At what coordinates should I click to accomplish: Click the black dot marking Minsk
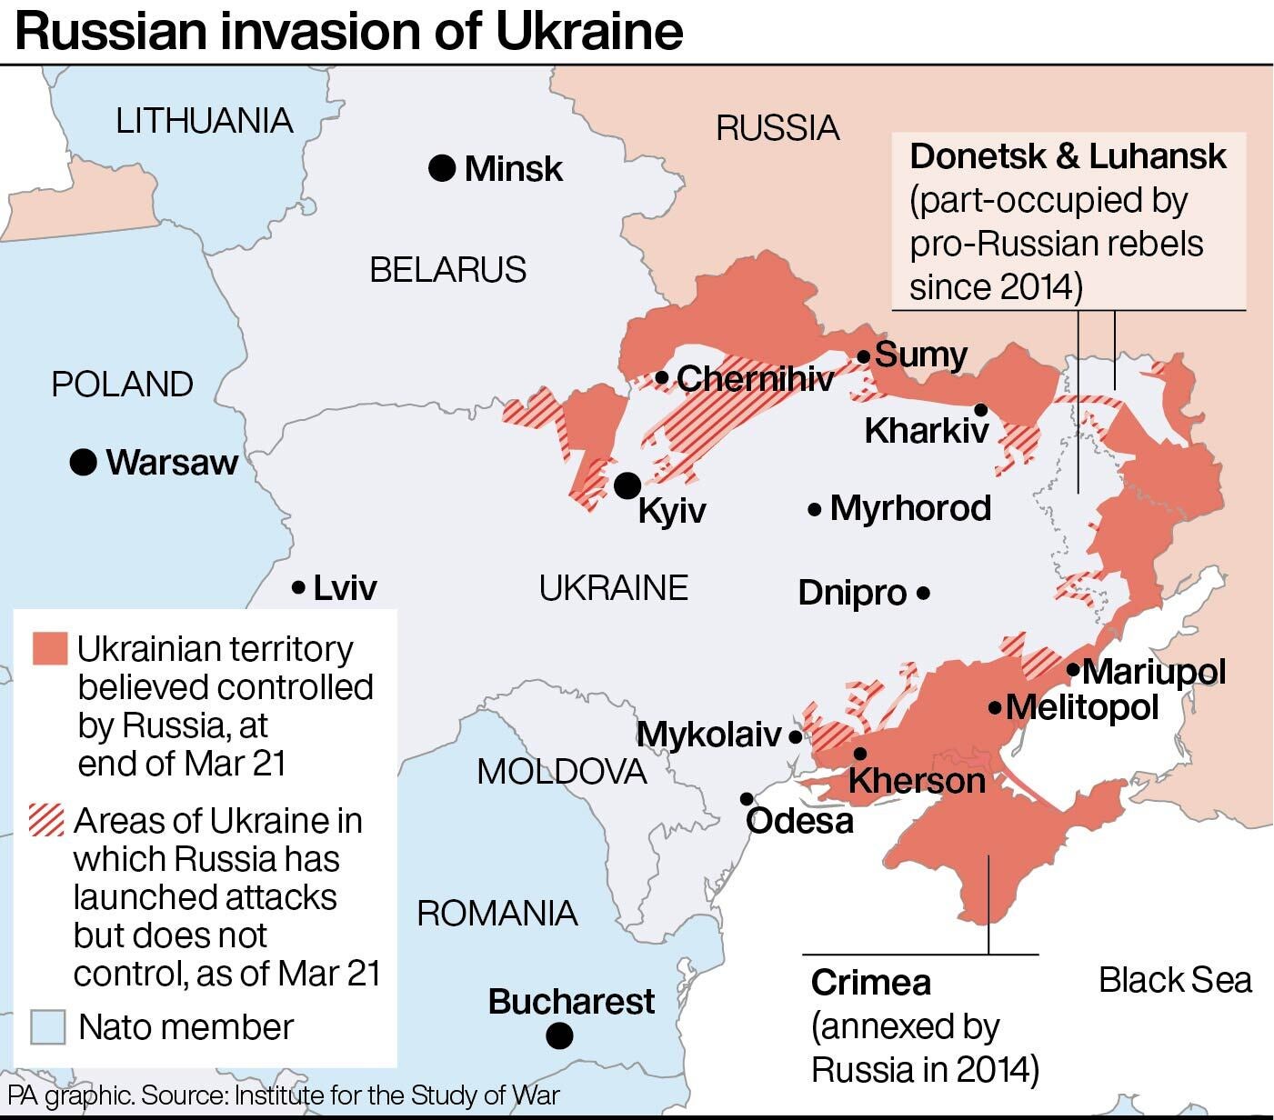coord(442,168)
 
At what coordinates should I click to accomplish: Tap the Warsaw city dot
coord(83,462)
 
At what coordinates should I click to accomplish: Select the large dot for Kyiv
coord(627,485)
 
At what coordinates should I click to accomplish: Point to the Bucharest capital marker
coord(560,1035)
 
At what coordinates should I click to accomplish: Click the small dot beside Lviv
coord(297,588)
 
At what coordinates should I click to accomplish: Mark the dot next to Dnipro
coord(923,593)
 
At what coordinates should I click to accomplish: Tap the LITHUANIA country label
coord(204,121)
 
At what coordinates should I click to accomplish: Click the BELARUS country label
coord(447,270)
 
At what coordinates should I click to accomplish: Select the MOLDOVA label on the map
coord(561,772)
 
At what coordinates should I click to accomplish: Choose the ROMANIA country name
coord(497,913)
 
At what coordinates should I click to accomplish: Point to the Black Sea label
coord(1175,980)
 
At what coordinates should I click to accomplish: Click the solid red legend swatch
coord(49,648)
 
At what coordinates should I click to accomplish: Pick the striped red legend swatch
coord(47,820)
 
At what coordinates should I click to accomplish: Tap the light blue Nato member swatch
coord(47,1027)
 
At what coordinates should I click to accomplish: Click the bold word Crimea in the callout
coord(870,983)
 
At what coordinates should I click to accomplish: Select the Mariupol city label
coord(1153,672)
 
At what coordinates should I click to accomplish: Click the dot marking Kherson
coord(859,754)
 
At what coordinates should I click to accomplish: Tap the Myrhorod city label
coord(910,508)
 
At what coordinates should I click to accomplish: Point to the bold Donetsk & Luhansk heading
coord(1068,156)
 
